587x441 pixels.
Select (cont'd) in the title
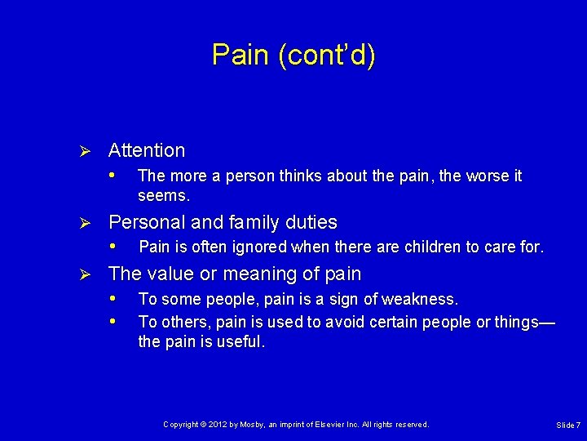click(x=326, y=55)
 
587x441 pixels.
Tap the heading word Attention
click(x=147, y=150)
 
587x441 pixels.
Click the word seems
click(x=164, y=196)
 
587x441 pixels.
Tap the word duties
click(x=309, y=222)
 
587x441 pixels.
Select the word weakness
click(x=423, y=300)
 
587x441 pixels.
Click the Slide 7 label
click(x=567, y=425)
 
